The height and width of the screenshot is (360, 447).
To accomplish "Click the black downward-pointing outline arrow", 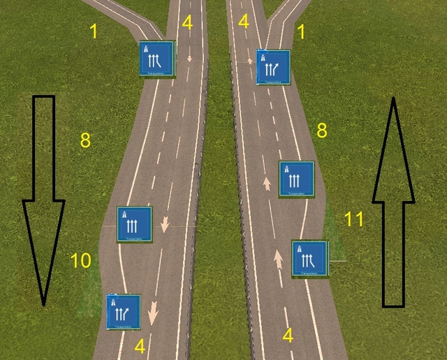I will [43, 202].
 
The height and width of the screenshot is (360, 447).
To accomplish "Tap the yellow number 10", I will [81, 261].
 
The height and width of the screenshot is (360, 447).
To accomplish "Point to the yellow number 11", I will [354, 219].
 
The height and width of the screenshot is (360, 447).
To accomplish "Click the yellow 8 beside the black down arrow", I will [85, 140].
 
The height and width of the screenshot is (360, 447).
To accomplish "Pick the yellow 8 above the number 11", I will [322, 130].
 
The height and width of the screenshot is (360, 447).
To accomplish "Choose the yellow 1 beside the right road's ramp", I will [301, 31].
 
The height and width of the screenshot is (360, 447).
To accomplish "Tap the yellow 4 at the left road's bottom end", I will [140, 345].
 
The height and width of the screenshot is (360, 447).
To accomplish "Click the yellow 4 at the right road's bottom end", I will [287, 336].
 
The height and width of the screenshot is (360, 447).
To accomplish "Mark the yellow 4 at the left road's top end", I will [186, 22].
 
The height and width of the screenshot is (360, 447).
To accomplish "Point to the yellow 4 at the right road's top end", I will [243, 21].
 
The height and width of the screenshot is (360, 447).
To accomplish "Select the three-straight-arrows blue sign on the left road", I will [134, 223].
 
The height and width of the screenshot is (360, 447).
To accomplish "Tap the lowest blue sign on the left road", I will [124, 311].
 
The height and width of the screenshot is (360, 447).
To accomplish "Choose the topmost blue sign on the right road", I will [273, 67].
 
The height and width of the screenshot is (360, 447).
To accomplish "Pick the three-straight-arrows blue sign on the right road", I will [296, 178].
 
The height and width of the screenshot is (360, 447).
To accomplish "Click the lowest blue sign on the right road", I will [310, 259].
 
